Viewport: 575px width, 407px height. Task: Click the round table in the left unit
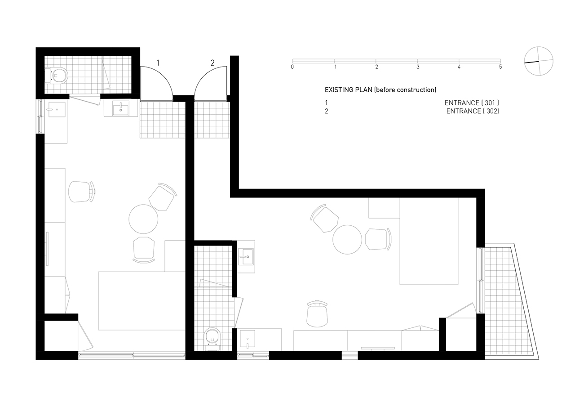coord(143,219)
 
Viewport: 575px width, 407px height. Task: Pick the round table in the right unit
coord(347,239)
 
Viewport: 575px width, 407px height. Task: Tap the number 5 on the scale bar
coord(500,67)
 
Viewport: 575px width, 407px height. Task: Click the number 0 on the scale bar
coord(292,67)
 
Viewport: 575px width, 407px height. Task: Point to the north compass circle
coord(539,61)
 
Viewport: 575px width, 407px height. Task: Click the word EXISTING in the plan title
coord(339,89)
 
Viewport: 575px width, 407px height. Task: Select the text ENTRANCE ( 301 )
coord(472,103)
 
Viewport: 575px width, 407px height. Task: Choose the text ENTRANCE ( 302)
coord(473,111)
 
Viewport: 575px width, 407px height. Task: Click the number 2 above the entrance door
coord(212,63)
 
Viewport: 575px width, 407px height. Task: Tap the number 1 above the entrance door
coord(159,63)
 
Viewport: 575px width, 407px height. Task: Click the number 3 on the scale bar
coord(418,67)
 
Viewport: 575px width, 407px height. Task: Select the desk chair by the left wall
coord(82,192)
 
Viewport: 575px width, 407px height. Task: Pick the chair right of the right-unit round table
coord(378,239)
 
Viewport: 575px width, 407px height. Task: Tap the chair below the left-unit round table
coord(144,250)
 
